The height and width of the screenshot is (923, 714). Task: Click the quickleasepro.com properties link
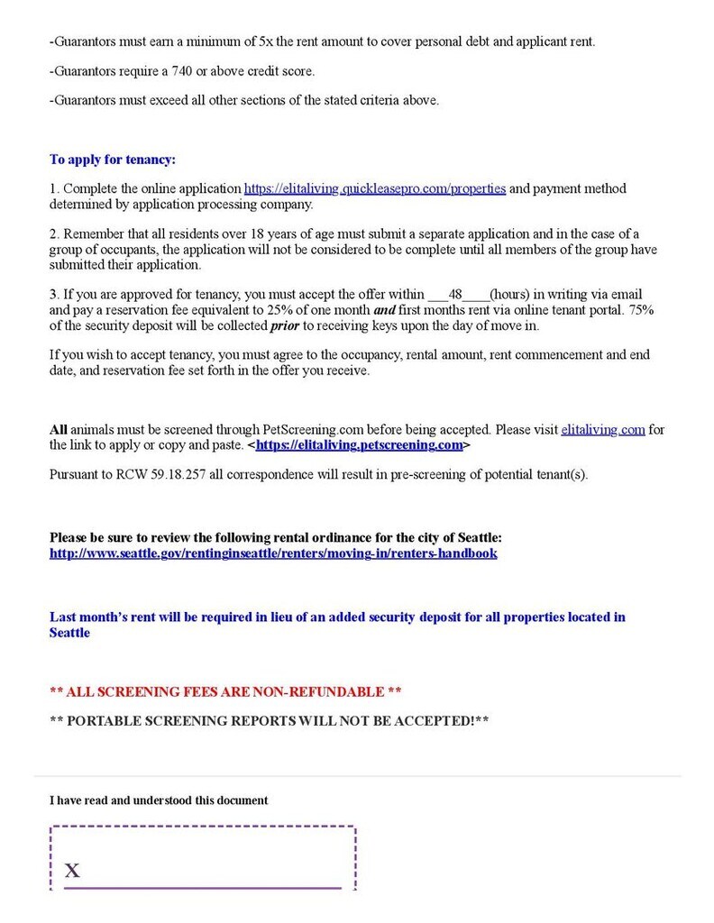tap(375, 188)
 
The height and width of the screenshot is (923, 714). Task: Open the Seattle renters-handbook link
tap(273, 553)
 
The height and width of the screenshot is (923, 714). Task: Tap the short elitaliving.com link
tap(603, 430)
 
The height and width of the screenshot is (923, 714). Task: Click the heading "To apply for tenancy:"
tap(112, 160)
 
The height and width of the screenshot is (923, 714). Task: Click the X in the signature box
tap(72, 870)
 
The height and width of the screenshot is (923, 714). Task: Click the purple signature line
tap(203, 888)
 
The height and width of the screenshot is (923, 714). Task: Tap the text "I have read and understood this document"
tap(159, 800)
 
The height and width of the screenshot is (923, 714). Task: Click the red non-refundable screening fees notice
tap(225, 691)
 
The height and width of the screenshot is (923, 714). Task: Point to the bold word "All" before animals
tap(59, 430)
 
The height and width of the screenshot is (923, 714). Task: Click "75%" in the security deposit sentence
tap(639, 310)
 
